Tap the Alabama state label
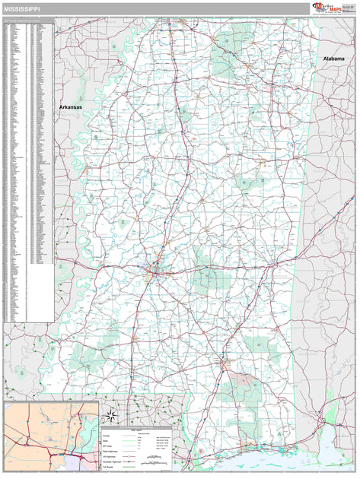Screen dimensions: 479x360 coord(333,59)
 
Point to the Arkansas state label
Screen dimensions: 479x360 coord(71,108)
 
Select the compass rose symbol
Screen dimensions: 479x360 coord(111,414)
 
